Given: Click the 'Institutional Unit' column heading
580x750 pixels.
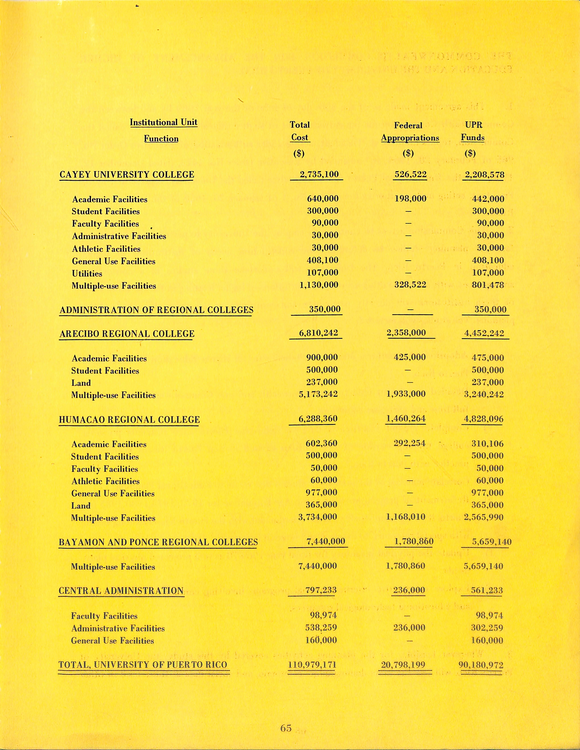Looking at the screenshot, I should click(x=163, y=123).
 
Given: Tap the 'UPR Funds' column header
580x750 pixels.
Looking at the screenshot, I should click(x=473, y=131).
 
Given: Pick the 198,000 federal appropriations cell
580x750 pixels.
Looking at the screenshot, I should click(x=410, y=198).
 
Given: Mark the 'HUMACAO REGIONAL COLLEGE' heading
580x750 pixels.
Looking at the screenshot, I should click(x=129, y=420).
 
